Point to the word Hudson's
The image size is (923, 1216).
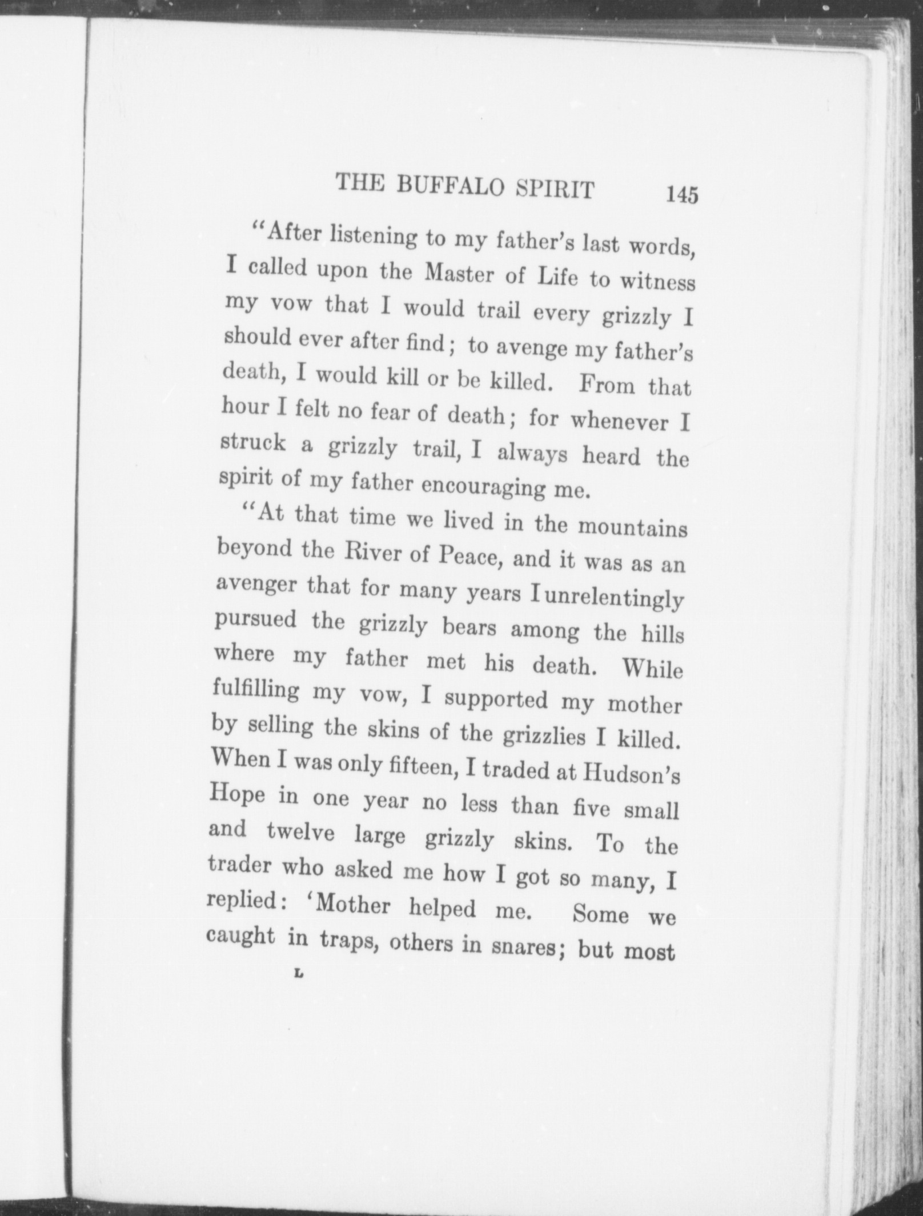[632, 775]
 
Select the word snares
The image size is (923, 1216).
[524, 946]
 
